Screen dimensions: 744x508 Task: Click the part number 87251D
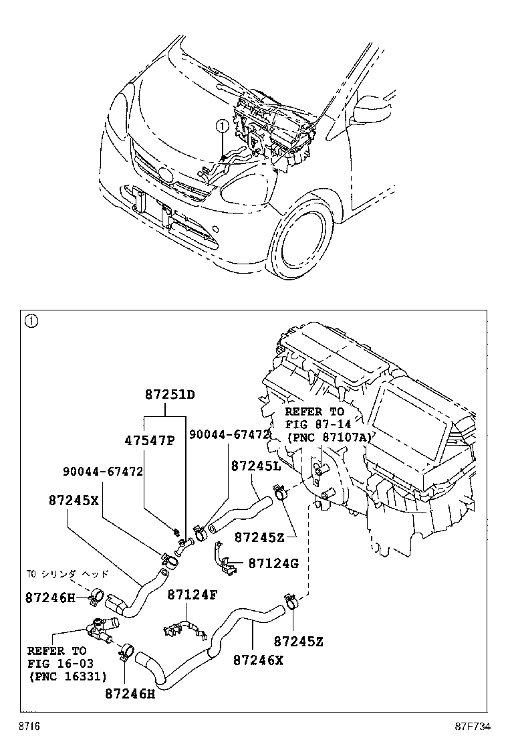170,395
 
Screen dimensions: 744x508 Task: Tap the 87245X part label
74,500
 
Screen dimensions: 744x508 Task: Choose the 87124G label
273,563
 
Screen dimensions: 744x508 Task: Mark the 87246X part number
259,660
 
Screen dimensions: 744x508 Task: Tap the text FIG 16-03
57,663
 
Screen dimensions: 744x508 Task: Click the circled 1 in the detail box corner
31,321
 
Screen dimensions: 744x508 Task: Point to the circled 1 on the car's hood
221,125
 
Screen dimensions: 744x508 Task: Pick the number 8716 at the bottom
29,727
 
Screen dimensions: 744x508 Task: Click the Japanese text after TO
71,574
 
